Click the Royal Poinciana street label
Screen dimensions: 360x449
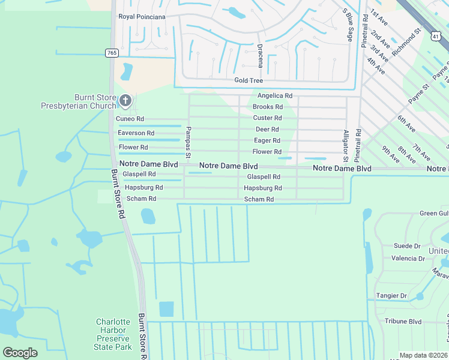[142, 17]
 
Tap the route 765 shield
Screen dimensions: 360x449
[111, 53]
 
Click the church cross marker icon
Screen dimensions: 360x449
[125, 100]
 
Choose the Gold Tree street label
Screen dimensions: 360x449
[249, 80]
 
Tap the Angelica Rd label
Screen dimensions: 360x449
[275, 95]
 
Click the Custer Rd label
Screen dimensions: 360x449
[267, 118]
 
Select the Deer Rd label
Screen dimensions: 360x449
[267, 129]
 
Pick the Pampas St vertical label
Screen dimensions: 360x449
[188, 143]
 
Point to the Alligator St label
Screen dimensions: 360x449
[346, 146]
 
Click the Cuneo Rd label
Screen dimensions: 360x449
[130, 119]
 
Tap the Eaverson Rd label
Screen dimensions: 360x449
[136, 133]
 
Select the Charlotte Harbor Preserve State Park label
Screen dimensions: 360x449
[114, 334]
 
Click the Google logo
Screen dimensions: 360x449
[20, 353]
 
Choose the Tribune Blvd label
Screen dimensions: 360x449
[403, 321]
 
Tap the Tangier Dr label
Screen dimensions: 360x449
[391, 296]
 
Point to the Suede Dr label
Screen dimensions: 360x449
[407, 246]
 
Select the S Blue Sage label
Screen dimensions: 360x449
[348, 25]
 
